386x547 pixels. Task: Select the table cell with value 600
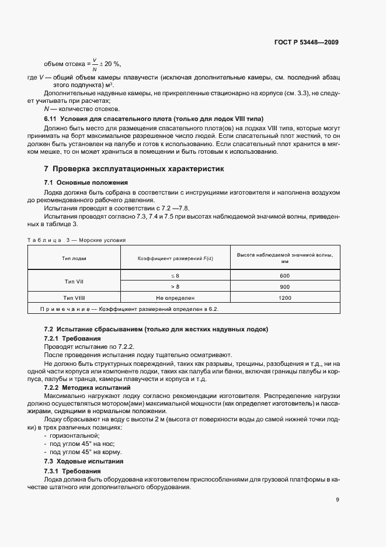coord(284,275)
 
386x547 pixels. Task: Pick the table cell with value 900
coord(284,286)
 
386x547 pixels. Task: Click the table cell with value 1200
coord(284,297)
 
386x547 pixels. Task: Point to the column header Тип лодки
coord(74,258)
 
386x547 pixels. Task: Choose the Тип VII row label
coord(74,281)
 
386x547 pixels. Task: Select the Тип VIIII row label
coord(74,297)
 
